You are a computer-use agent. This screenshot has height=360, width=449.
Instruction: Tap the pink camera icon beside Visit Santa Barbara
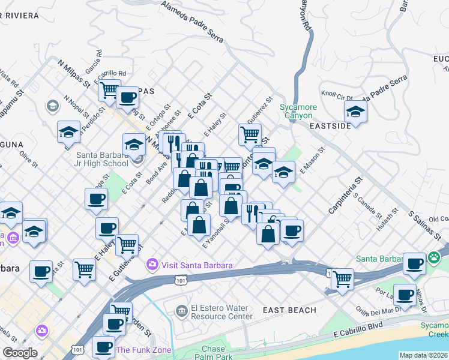coord(152,264)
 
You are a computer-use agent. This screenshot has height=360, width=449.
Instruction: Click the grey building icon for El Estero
coord(181,310)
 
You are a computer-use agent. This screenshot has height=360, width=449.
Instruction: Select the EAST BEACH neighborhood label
coord(289,310)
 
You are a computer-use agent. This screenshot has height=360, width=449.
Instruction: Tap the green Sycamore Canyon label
coord(296,112)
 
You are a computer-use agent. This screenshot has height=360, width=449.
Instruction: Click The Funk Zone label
coord(143,350)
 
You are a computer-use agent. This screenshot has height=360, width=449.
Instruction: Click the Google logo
coord(20,353)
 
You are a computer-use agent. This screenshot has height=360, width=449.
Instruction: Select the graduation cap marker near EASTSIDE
coord(355,112)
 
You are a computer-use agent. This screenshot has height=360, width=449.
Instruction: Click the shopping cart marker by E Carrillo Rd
coord(109,90)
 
